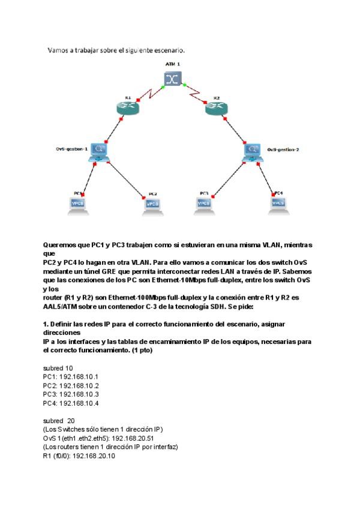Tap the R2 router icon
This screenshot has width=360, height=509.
tap(216, 109)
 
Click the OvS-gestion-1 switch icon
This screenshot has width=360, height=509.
tap(98, 151)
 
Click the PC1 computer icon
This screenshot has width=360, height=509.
tap(77, 205)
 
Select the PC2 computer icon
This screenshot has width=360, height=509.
tap(152, 205)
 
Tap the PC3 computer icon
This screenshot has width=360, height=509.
tap(203, 204)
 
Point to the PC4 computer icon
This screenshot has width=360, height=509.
tap(278, 204)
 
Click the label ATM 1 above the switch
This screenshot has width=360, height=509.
tap(173, 63)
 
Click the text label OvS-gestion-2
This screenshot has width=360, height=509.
tap(283, 149)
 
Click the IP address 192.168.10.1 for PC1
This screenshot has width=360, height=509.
tap(78, 376)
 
